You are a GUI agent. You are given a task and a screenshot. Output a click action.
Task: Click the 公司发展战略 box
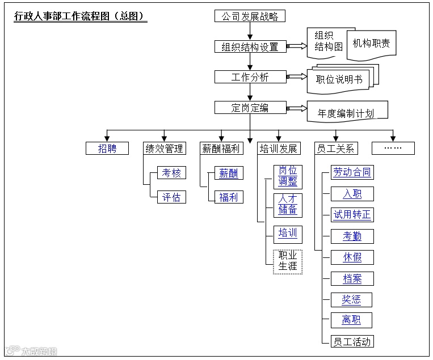tap(250, 16)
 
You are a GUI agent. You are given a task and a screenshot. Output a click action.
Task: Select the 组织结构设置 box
tap(250, 47)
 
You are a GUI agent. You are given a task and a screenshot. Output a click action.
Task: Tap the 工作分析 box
tap(250, 77)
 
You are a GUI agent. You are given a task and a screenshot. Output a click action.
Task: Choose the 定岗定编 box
tap(250, 108)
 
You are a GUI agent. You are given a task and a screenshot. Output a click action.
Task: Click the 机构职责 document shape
tap(372, 44)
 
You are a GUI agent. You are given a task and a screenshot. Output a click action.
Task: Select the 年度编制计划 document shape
tap(346, 112)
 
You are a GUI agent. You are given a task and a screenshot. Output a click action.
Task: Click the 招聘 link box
tap(107, 149)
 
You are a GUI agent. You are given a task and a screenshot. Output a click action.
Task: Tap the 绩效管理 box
tap(164, 149)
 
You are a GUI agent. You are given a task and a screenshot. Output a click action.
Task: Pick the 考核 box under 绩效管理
tap(171, 173)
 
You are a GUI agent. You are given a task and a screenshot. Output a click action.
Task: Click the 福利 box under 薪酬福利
tap(229, 197)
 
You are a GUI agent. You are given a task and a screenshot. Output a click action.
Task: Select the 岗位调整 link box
tap(288, 176)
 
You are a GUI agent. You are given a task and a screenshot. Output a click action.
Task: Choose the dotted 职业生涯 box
tap(288, 261)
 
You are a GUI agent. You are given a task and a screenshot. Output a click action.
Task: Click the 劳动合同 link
tap(352, 172)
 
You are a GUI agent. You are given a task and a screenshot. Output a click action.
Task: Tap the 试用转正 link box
tap(352, 215)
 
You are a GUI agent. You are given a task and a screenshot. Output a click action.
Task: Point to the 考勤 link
tap(352, 236)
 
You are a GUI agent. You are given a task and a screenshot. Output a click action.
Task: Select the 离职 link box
tap(352, 320)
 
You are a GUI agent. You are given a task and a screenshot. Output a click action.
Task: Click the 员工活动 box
tap(352, 341)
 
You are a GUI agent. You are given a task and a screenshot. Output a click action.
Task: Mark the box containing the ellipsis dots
tap(393, 149)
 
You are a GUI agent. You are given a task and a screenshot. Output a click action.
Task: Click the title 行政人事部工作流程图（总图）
tap(80, 16)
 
